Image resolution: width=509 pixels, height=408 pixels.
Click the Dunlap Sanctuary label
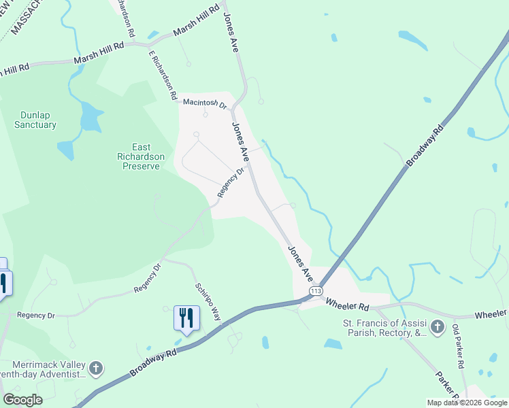(x=35, y=120)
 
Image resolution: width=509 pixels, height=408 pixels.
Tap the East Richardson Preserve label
(x=142, y=156)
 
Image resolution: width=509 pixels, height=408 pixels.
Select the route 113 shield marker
(x=315, y=291)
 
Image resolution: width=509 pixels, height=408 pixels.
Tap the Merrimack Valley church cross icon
(x=97, y=369)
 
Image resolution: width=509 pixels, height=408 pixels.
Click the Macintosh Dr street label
(x=204, y=103)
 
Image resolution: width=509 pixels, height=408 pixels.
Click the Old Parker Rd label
(x=458, y=346)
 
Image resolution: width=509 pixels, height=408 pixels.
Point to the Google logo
(x=22, y=400)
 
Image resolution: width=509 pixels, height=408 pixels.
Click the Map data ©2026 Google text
(x=466, y=403)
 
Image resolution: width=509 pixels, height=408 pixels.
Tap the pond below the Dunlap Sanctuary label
(x=89, y=118)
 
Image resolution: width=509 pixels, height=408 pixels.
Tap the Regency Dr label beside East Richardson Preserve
(x=231, y=184)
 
